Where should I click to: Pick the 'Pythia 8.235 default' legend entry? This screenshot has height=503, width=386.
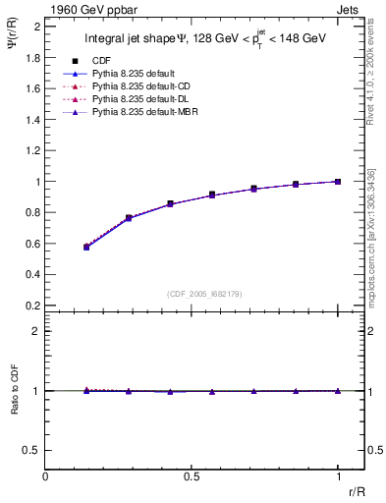point(134,73)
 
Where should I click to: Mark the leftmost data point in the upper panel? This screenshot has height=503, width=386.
point(86,247)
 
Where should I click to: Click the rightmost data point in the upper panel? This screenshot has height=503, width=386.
point(338,182)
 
